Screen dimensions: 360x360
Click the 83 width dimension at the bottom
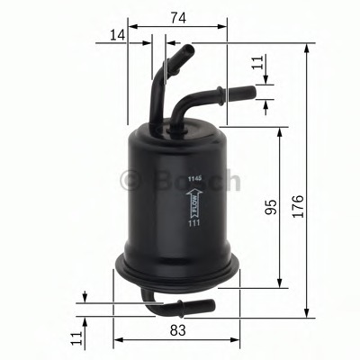177,331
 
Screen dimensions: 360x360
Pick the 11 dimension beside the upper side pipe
256,63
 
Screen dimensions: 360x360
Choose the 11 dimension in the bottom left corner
76,338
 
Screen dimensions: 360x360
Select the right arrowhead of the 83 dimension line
240,341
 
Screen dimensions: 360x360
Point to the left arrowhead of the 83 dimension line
116,341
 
